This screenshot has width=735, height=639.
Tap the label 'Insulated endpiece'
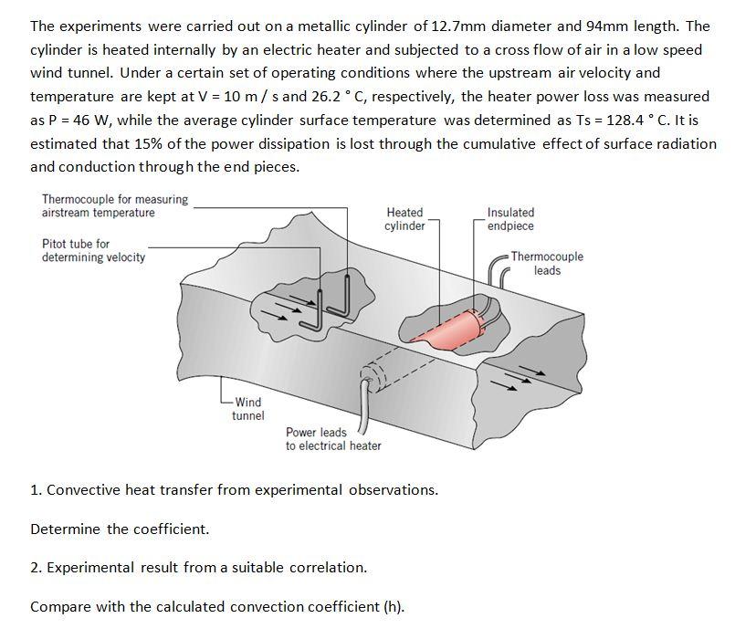(x=511, y=219)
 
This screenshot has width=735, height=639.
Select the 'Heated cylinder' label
(x=404, y=219)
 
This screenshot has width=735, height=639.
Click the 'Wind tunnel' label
(x=247, y=409)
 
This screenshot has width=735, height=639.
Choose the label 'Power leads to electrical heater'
(x=332, y=439)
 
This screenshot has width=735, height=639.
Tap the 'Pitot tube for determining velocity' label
(x=93, y=250)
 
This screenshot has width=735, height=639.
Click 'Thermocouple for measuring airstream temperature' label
(x=114, y=205)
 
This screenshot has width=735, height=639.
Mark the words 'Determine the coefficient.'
(x=120, y=529)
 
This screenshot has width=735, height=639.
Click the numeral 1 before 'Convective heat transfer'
(x=34, y=490)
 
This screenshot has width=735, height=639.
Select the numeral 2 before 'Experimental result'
(x=34, y=568)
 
